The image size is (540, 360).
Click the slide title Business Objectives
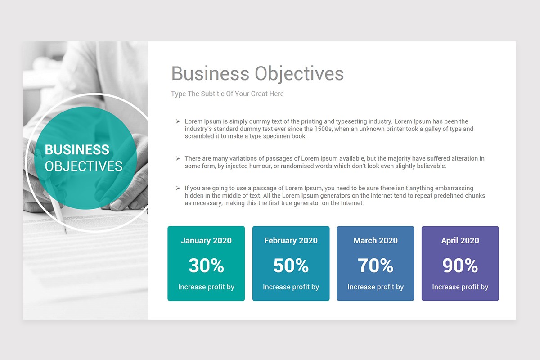click(x=257, y=74)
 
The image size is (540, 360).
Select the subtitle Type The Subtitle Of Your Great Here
click(x=227, y=94)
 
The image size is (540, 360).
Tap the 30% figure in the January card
click(x=206, y=265)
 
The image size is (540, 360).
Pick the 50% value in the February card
click(x=291, y=265)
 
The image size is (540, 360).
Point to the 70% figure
click(x=375, y=265)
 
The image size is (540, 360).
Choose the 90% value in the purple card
click(x=460, y=265)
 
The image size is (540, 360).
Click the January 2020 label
click(x=206, y=241)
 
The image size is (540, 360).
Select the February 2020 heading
click(x=291, y=241)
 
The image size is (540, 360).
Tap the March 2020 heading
click(x=375, y=241)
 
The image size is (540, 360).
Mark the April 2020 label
click(x=460, y=241)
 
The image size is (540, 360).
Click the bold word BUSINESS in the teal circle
click(x=77, y=150)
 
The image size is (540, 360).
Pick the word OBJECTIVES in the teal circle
click(x=84, y=166)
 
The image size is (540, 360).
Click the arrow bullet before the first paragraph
click(x=178, y=121)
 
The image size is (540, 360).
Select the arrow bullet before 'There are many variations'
click(x=178, y=159)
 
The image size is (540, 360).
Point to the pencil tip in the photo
click(x=66, y=232)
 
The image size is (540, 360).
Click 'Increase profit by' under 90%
click(x=460, y=287)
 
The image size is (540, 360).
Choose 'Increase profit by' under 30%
click(x=206, y=287)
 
